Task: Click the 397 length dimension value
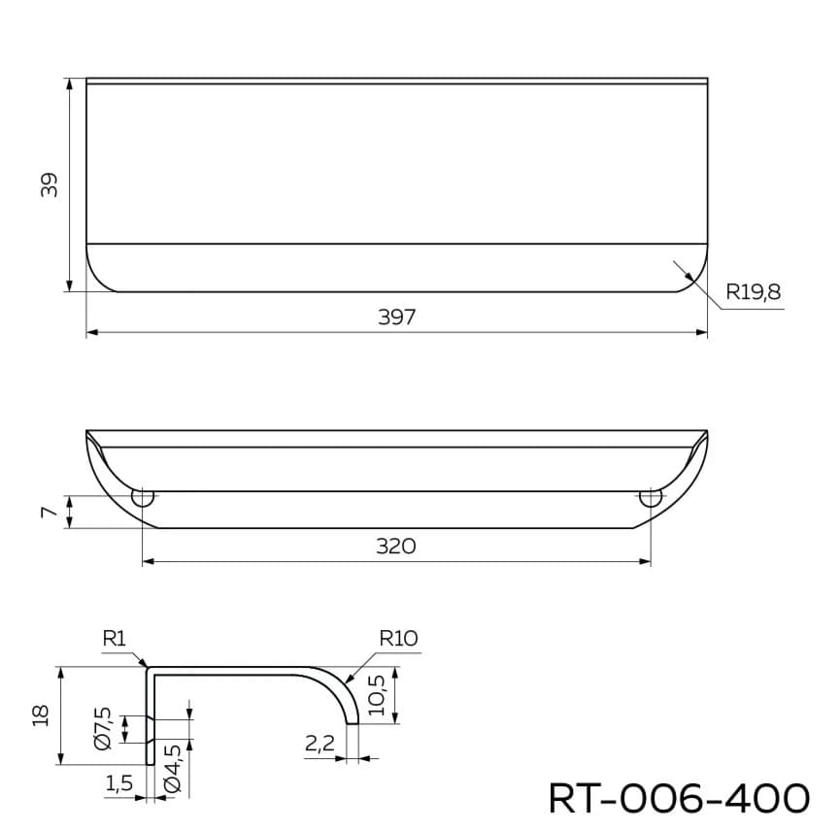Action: click(396, 317)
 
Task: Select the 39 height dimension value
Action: click(50, 184)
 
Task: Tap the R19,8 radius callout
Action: click(754, 290)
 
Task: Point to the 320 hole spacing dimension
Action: click(396, 547)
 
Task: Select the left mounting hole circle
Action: click(143, 499)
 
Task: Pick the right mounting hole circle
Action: click(650, 499)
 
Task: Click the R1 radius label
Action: click(115, 639)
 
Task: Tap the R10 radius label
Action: click(398, 639)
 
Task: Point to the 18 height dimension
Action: click(40, 715)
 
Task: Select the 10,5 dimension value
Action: click(379, 695)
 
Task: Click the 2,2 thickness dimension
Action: click(319, 745)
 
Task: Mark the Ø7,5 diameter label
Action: click(104, 728)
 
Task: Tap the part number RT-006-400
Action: click(679, 798)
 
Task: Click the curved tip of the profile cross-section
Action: click(352, 721)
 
